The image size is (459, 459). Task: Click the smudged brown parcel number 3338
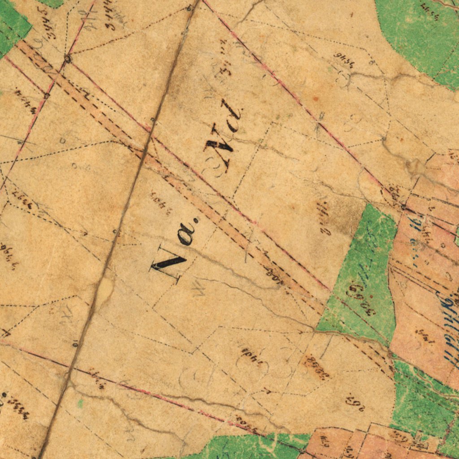point(316,368)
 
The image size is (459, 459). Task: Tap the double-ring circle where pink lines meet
point(68,58)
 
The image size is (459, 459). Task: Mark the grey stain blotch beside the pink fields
point(415,167)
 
